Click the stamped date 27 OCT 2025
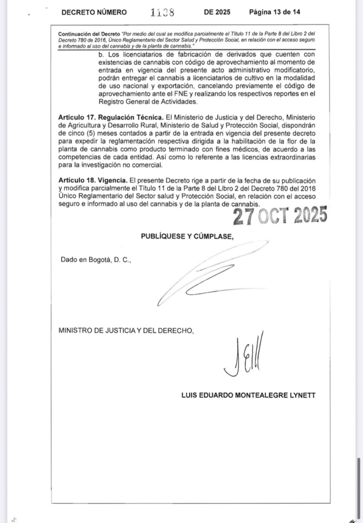280,216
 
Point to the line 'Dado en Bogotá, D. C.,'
96,259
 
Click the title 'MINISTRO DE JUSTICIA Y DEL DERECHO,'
126,330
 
